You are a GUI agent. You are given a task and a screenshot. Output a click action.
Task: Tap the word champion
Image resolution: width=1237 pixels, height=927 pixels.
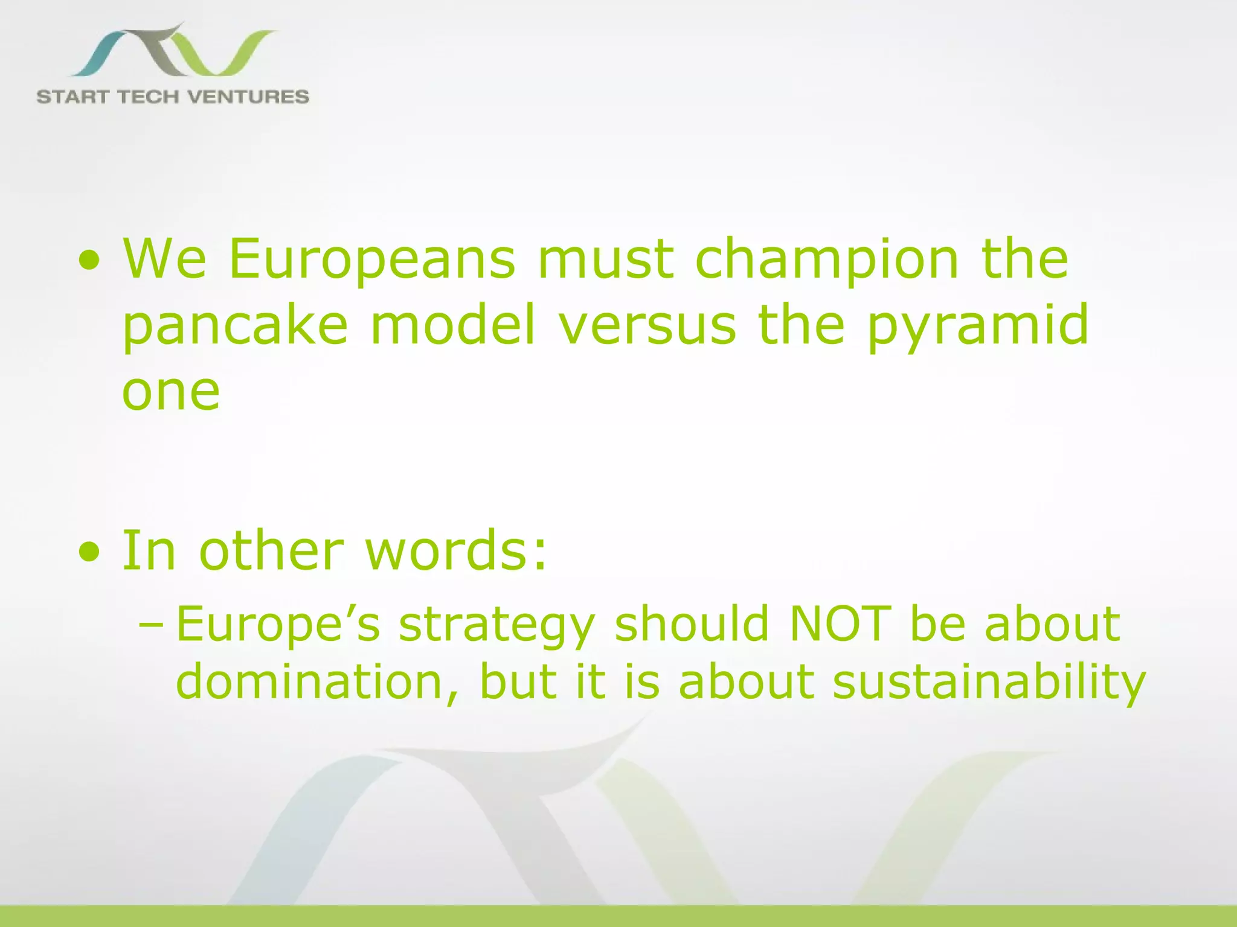click(827, 260)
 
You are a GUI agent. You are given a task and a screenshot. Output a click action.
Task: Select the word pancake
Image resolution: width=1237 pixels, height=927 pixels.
click(236, 326)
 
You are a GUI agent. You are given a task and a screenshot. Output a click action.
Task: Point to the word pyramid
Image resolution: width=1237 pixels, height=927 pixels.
click(978, 326)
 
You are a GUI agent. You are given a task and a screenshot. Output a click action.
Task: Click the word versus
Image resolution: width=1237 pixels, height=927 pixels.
click(647, 326)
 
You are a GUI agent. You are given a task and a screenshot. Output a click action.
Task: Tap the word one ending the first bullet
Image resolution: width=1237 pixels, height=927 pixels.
click(171, 392)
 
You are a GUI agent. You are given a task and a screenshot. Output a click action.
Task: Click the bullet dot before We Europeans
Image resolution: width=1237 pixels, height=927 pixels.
click(89, 261)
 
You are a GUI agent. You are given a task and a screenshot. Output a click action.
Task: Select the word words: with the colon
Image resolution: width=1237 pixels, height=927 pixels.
click(456, 550)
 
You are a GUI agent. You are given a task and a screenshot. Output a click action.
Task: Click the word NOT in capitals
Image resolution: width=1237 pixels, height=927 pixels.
click(840, 623)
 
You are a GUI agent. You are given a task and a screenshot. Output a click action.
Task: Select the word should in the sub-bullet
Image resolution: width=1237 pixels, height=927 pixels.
click(692, 623)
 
